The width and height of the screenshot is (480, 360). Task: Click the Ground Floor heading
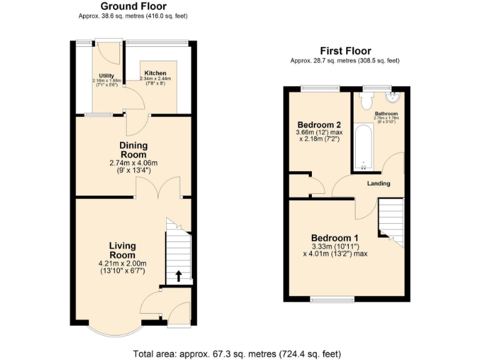click(133, 7)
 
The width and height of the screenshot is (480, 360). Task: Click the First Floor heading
click(345, 51)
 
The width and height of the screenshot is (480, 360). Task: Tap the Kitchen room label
click(155, 73)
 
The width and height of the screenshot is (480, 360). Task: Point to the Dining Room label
click(133, 150)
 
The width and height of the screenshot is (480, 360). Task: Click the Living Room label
click(122, 251)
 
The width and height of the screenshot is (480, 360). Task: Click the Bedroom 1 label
click(335, 238)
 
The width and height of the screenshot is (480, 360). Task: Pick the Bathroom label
click(386, 114)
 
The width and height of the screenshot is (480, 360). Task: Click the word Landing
click(379, 184)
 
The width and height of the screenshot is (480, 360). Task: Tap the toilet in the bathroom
click(366, 100)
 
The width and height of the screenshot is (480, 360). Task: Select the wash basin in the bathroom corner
click(394, 97)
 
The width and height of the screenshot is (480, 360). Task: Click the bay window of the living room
click(114, 329)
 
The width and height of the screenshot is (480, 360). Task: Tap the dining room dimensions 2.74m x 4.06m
click(133, 164)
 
